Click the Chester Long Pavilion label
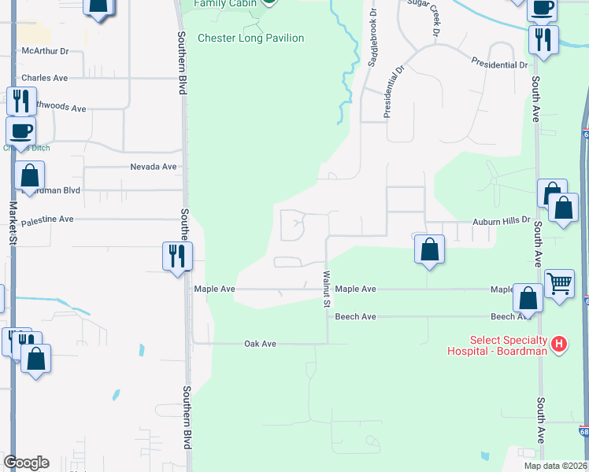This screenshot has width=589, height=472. coord(250,38)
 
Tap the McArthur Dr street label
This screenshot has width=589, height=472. coord(46,51)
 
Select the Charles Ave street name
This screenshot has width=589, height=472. coord(45,78)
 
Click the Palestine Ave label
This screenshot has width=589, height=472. coord(46,219)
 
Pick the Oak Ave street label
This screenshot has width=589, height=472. coord(260,344)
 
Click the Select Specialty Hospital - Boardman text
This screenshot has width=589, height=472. coord(498,345)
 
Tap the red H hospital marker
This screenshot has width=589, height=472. coord(559,344)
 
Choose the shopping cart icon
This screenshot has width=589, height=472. coord(559,283)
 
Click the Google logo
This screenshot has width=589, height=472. coord(26,463)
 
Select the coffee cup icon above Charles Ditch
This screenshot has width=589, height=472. coord(20,130)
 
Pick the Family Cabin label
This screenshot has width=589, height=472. coord(220,3)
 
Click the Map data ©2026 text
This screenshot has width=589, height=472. coord(554,466)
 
